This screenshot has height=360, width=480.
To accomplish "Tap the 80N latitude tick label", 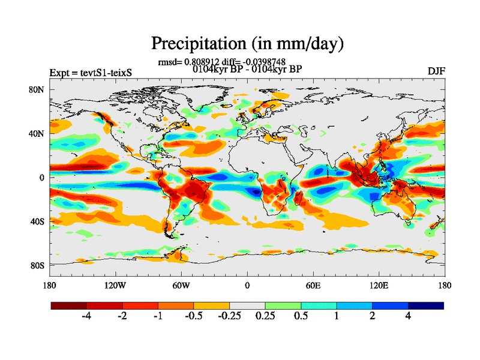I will pos(38,89).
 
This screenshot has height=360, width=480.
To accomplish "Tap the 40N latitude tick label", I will pos(38,133).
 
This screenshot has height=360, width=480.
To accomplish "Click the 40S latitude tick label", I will pos(38,221).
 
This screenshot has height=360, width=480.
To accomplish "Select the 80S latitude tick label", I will pos(38,265).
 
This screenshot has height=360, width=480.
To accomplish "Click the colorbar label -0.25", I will pos(229,316).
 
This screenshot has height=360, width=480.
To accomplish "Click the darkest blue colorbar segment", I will pos(425,305).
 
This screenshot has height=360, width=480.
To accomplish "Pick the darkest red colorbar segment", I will pos(69,305).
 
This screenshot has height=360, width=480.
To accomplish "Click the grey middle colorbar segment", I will pos(247,305).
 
